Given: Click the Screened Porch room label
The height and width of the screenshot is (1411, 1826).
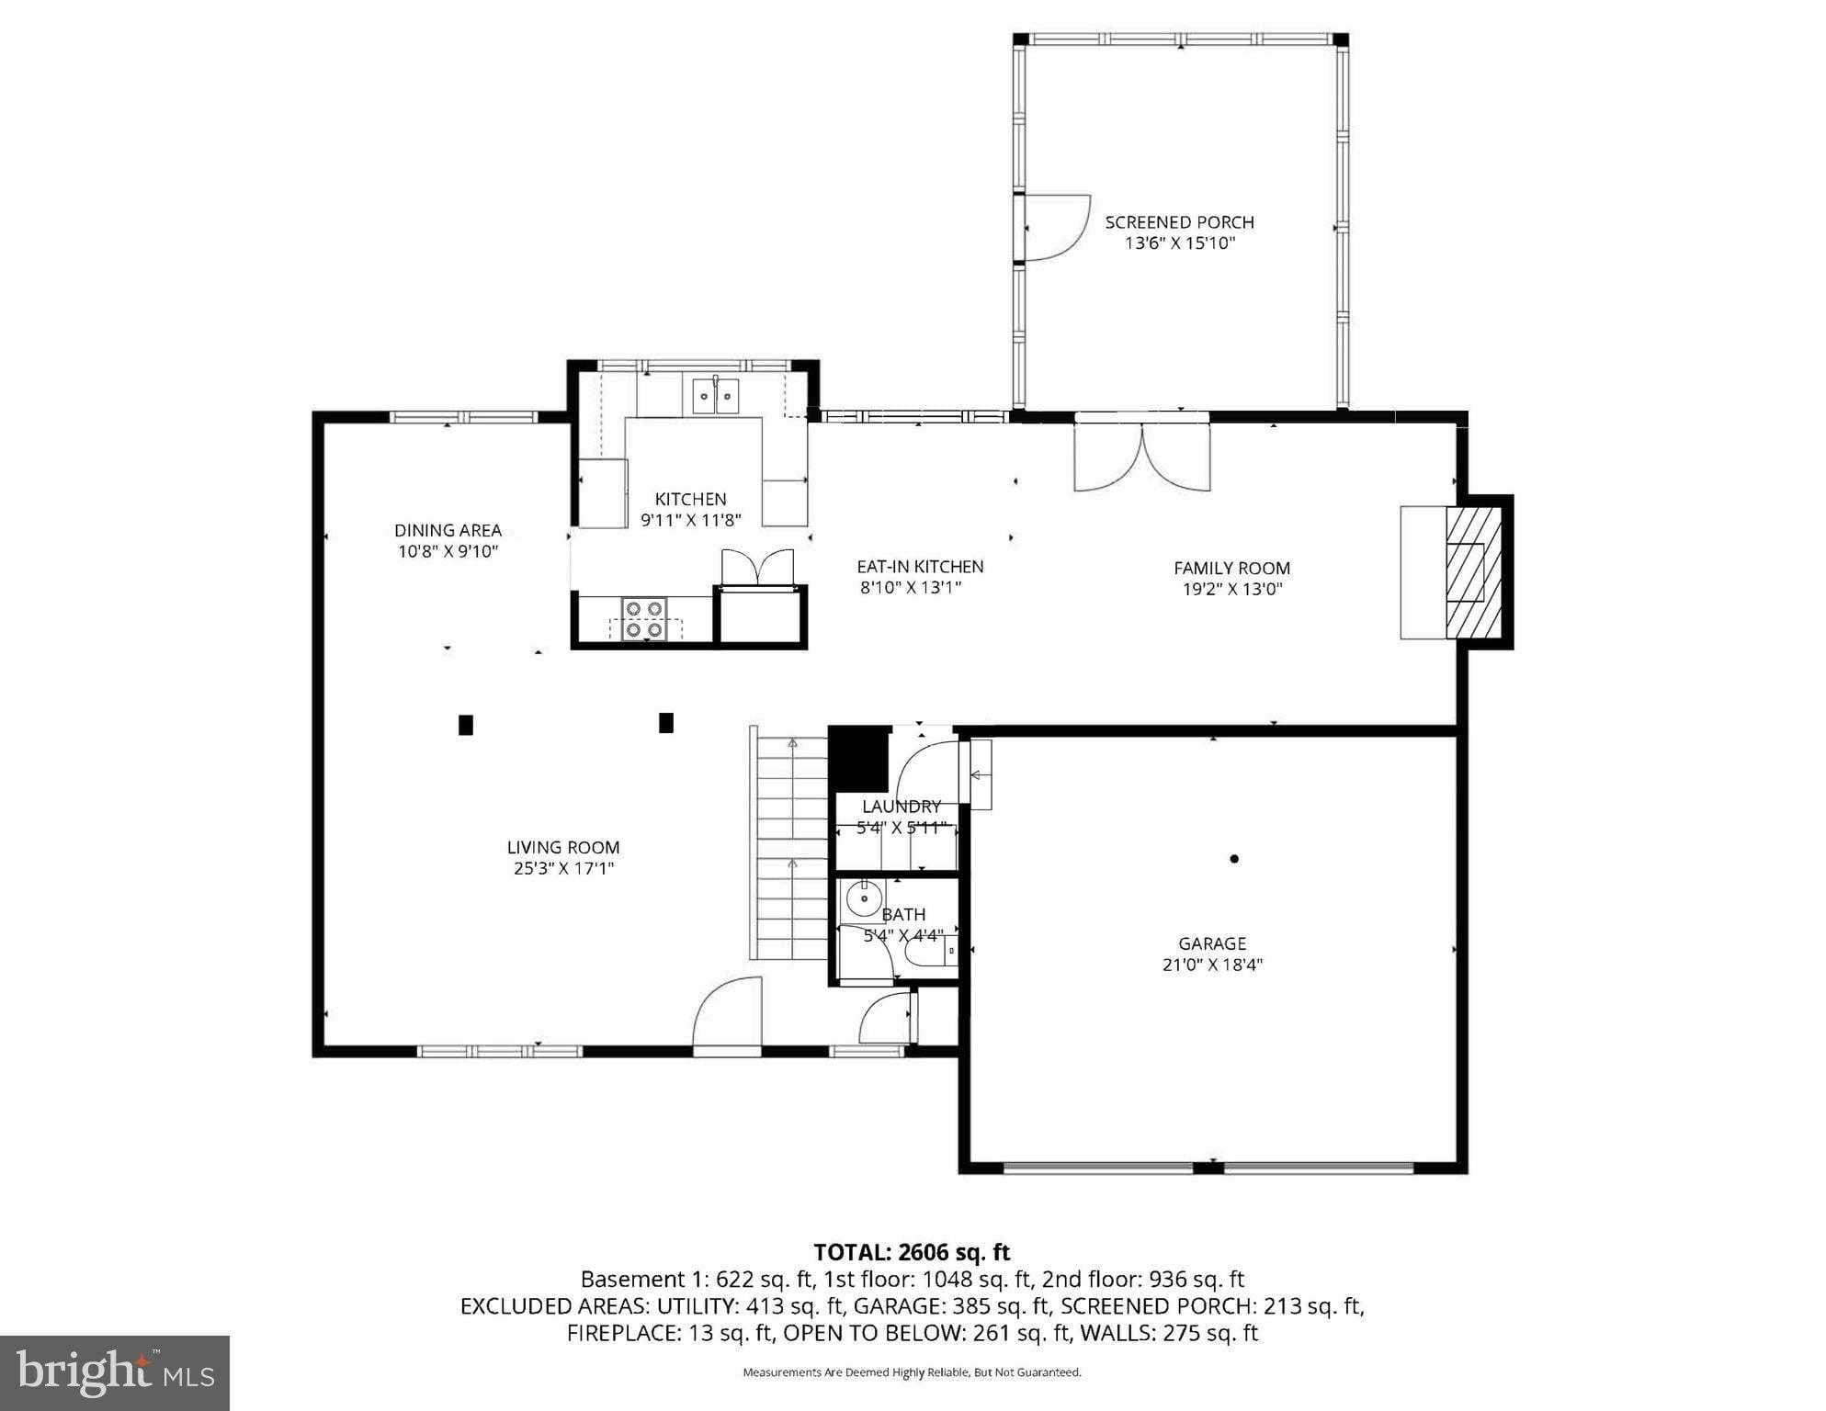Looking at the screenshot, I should [1179, 222].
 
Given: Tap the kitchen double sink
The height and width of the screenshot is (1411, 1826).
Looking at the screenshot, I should [715, 396].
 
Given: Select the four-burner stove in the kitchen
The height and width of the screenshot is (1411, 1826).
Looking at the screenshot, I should [643, 618].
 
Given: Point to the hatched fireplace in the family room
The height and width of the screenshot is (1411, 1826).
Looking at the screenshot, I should [1473, 570].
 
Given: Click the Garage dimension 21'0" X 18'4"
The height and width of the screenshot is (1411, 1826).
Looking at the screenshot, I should [1212, 965].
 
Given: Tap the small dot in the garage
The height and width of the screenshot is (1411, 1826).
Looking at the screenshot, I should [1234, 859].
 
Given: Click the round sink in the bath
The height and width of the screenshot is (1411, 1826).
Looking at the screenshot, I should [864, 898].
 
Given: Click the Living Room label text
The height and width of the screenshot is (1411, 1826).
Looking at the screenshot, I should [563, 847].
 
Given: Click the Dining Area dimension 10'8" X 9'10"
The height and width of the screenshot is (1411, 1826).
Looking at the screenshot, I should [448, 551].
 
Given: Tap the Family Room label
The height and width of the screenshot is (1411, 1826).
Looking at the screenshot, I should [1231, 568].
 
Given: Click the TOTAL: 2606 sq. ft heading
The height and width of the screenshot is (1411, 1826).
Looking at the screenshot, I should [912, 1252].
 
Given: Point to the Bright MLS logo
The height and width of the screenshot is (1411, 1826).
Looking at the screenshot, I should [115, 1372].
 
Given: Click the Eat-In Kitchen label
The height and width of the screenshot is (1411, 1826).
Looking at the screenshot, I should [920, 567].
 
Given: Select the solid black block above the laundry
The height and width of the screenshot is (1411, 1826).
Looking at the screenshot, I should [858, 759].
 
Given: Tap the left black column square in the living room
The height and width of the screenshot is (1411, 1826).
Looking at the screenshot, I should [466, 725].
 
